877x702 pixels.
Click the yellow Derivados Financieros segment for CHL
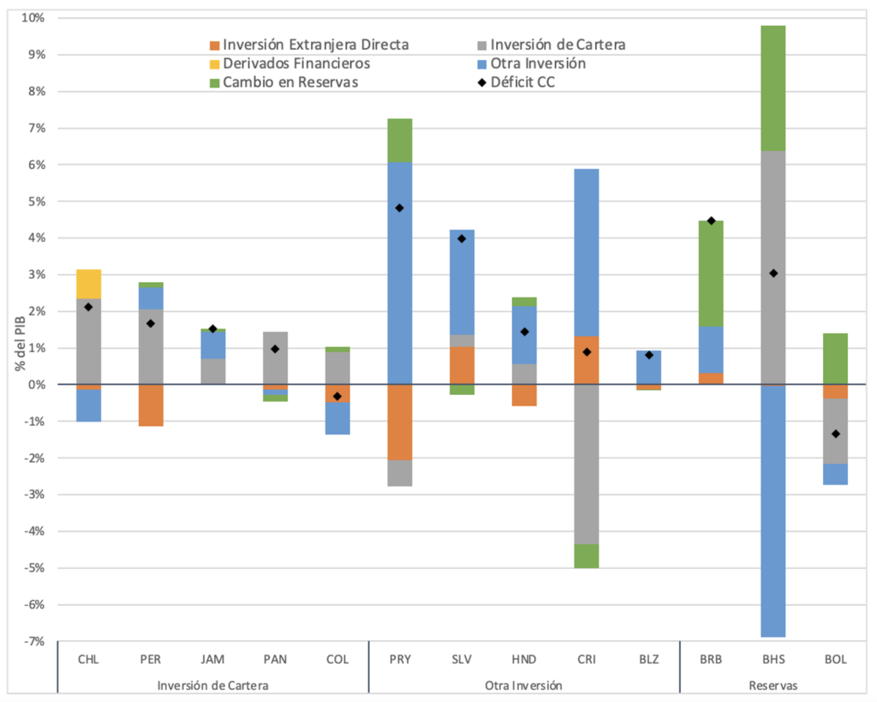pyautogui.click(x=88, y=284)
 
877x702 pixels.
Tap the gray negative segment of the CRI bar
pyautogui.click(x=586, y=464)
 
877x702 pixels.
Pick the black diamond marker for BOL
pyautogui.click(x=835, y=434)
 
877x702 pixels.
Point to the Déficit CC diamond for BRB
pyautogui.click(x=711, y=221)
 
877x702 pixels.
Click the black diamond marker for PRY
pyautogui.click(x=399, y=208)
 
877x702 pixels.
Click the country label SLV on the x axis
pyautogui.click(x=462, y=660)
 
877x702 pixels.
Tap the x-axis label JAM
pyautogui.click(x=212, y=660)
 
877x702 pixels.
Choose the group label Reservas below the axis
pyautogui.click(x=773, y=685)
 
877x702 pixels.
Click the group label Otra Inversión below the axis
pyautogui.click(x=524, y=685)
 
